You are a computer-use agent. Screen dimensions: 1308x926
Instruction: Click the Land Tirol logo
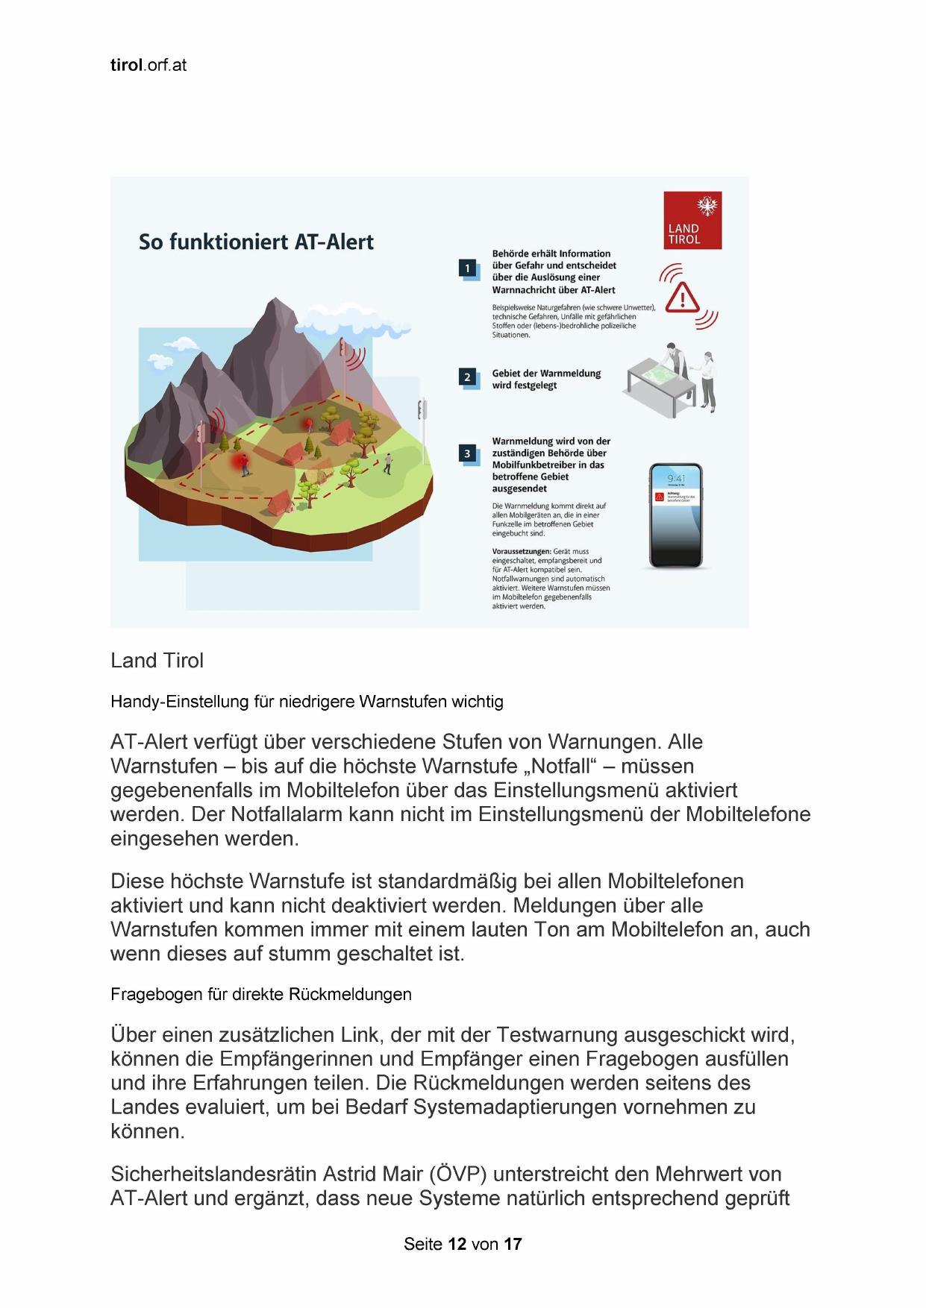pos(692,220)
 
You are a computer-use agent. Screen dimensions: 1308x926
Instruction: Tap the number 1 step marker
pos(468,268)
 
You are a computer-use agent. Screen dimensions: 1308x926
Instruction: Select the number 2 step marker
pos(468,377)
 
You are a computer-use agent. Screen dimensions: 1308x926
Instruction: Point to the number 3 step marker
pos(468,453)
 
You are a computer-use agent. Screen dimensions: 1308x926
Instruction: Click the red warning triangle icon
pos(682,298)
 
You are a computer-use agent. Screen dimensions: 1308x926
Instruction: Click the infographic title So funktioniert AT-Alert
pos(256,242)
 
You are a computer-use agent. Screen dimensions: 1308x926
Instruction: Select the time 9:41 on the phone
pos(676,478)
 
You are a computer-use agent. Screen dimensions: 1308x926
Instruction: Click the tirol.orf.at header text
pos(148,65)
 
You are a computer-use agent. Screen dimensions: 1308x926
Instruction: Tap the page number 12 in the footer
pos(457,1244)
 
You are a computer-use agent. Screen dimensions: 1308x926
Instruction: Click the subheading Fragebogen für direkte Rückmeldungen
pos(260,994)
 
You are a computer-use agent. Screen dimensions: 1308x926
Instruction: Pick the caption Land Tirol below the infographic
pos(157,661)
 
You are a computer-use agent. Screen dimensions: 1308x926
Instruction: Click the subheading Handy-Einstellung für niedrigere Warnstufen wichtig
pos(307,701)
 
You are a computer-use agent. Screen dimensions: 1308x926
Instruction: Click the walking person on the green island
pos(388,463)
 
